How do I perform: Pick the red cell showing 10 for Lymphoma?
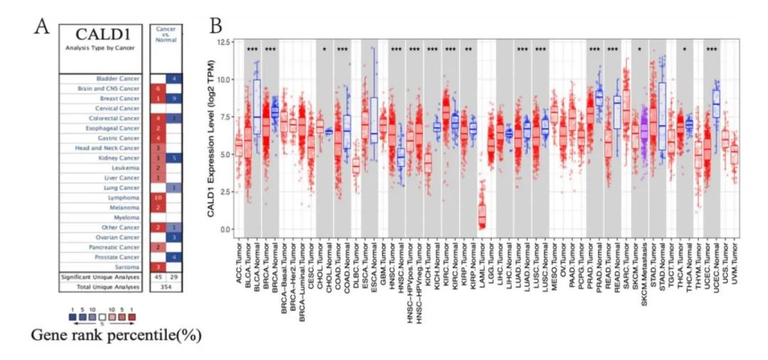click(x=159, y=195)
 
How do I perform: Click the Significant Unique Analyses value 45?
click(x=159, y=276)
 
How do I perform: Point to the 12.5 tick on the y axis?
click(x=226, y=43)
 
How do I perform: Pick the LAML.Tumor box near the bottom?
click(x=482, y=213)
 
